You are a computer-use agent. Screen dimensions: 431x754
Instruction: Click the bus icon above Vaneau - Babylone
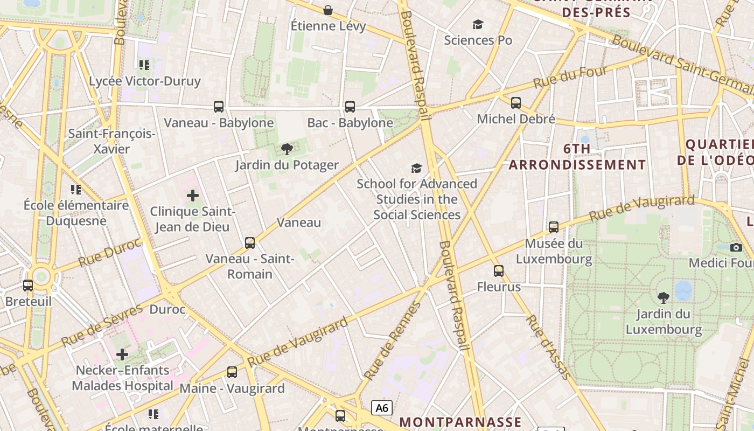coord(218,107)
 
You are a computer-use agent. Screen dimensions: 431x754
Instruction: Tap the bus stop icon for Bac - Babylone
coord(350,107)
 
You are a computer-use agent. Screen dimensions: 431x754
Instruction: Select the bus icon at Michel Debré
coord(516,102)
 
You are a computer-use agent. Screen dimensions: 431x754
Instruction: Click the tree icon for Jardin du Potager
coord(287,149)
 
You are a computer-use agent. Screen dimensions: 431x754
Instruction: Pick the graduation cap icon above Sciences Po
coord(478,24)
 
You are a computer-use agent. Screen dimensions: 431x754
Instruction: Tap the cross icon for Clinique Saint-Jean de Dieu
coord(192,196)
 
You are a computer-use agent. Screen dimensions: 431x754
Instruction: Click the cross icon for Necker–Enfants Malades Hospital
coord(122,354)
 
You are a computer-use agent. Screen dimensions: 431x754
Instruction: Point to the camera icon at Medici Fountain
coord(736,247)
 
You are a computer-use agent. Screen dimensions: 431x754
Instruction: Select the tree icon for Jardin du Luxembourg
coord(664,297)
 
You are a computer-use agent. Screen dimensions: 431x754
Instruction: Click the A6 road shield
coord(382,408)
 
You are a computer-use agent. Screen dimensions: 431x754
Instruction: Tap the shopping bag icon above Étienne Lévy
coord(327,10)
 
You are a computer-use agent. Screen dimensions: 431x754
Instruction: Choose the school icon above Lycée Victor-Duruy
coord(144,65)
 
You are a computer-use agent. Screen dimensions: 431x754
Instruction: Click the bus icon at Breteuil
coord(28,286)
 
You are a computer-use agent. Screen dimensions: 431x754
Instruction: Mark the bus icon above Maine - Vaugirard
coord(232,372)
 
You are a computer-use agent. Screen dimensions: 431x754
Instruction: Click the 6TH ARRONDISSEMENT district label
coord(577,157)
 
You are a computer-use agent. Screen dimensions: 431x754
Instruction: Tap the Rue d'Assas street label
coord(547,347)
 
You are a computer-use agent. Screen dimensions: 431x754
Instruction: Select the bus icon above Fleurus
coord(499,271)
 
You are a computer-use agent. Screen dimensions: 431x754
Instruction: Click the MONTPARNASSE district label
coord(461,422)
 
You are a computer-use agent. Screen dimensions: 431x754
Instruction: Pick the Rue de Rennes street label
coord(392,340)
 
